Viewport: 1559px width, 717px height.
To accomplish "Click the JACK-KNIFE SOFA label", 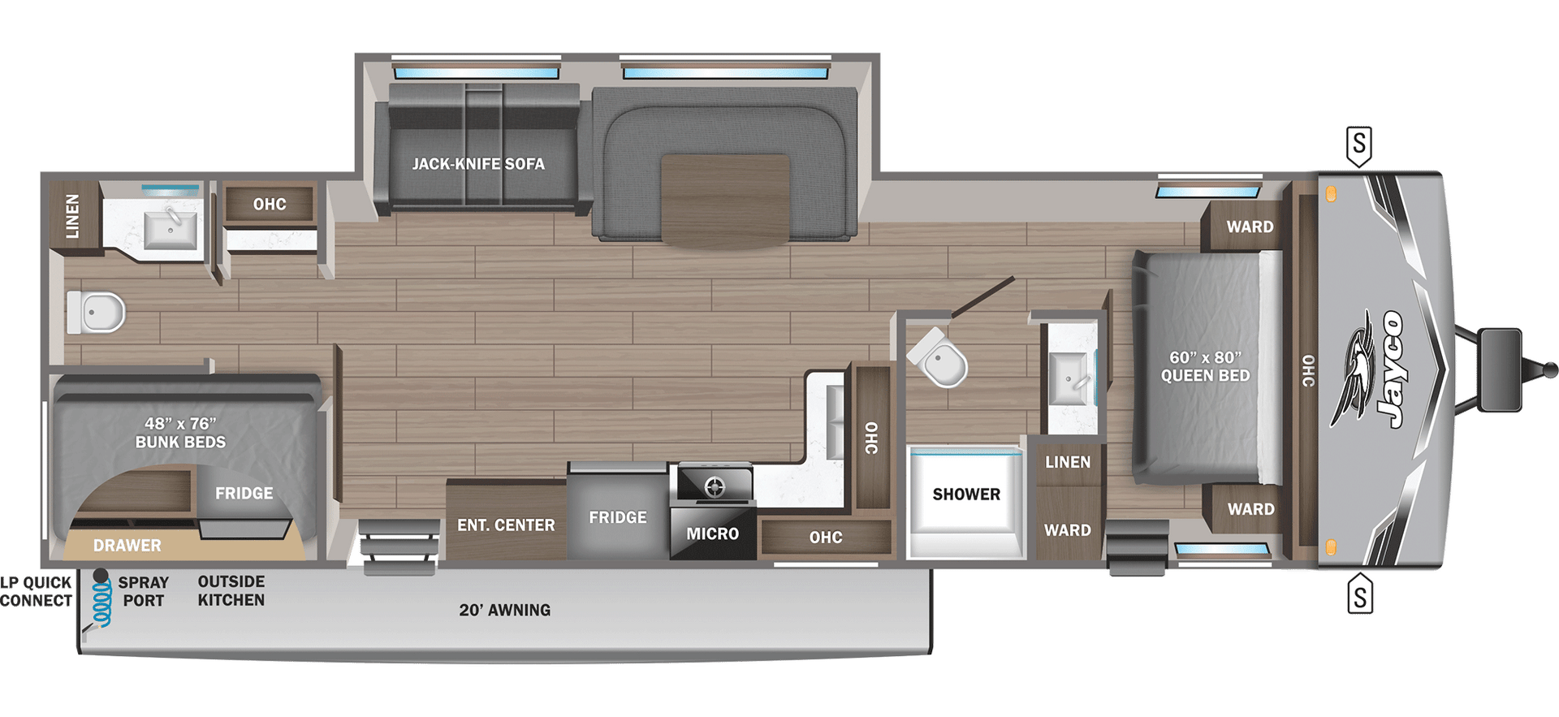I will click(x=477, y=164).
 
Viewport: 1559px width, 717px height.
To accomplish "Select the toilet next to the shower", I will click(x=940, y=359).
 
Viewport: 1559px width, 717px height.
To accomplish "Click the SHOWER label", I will click(x=966, y=494).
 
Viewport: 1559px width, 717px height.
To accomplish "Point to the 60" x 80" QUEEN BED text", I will click(x=1205, y=366).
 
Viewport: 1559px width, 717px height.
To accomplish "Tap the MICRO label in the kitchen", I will click(x=712, y=533).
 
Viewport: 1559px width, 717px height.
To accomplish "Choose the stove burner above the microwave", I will click(x=715, y=486).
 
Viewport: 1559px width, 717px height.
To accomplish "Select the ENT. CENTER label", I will click(x=506, y=525).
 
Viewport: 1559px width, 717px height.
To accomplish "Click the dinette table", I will click(x=724, y=199).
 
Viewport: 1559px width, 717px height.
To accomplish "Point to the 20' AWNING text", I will click(x=504, y=610).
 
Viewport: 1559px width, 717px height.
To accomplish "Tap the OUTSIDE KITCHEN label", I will click(x=231, y=590).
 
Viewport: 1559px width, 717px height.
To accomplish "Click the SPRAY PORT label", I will click(x=144, y=591).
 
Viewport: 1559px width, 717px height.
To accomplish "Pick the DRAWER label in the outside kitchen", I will click(x=127, y=546).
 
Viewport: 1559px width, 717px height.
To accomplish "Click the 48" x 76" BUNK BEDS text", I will click(x=180, y=433).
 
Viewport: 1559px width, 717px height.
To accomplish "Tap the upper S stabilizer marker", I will click(x=1359, y=145).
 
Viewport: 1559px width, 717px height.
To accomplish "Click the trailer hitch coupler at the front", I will click(x=1542, y=368).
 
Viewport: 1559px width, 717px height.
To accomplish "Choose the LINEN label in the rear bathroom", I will click(x=73, y=216).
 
